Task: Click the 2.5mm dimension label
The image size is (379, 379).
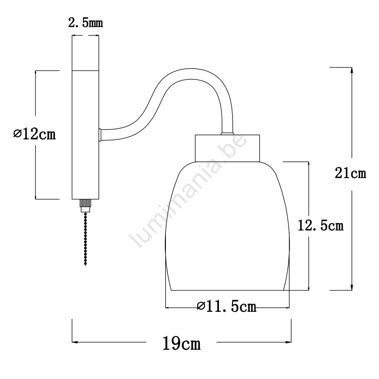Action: pyautogui.click(x=86, y=23)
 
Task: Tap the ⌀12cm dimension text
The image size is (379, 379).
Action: pyautogui.click(x=34, y=135)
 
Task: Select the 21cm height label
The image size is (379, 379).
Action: pyautogui.click(x=351, y=173)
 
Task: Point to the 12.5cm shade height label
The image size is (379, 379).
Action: pyautogui.click(x=321, y=226)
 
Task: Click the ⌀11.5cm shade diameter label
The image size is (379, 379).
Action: pyautogui.click(x=227, y=307)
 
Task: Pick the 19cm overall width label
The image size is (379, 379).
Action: pyautogui.click(x=181, y=343)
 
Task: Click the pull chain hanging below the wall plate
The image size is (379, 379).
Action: pyautogui.click(x=85, y=239)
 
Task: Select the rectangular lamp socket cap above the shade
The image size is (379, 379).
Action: pyautogui.click(x=227, y=148)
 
